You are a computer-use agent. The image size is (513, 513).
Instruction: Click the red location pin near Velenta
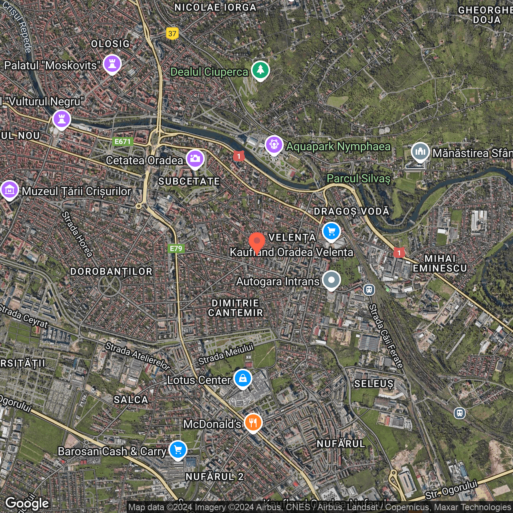coord(256,242)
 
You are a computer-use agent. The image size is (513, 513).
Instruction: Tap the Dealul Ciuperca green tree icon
coord(261,70)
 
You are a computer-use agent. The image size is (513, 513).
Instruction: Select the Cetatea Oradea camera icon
coord(195,159)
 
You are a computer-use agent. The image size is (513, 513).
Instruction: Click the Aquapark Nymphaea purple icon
coord(274,145)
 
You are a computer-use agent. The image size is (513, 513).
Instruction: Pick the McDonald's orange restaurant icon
coord(253,422)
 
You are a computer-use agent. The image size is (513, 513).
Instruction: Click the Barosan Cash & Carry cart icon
coord(178,450)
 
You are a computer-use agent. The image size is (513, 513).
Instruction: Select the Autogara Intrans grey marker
coord(331,280)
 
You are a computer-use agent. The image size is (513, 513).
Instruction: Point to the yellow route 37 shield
coord(172,34)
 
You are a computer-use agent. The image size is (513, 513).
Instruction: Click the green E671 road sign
coord(123,141)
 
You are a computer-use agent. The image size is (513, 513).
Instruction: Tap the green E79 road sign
coord(176,248)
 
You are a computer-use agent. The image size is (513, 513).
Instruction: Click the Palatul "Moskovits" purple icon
coord(112,63)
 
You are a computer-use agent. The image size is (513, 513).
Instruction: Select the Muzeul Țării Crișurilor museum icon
coord(10,190)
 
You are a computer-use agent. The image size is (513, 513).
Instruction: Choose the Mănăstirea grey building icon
coord(420,151)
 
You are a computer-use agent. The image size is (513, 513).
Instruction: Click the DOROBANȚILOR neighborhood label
coord(111,272)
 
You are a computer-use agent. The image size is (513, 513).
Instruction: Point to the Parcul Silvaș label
coord(358,178)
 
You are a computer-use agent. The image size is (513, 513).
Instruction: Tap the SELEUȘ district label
coord(374,384)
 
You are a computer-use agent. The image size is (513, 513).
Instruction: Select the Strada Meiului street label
coord(226,354)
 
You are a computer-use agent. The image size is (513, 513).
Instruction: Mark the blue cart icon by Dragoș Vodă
coord(331,231)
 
